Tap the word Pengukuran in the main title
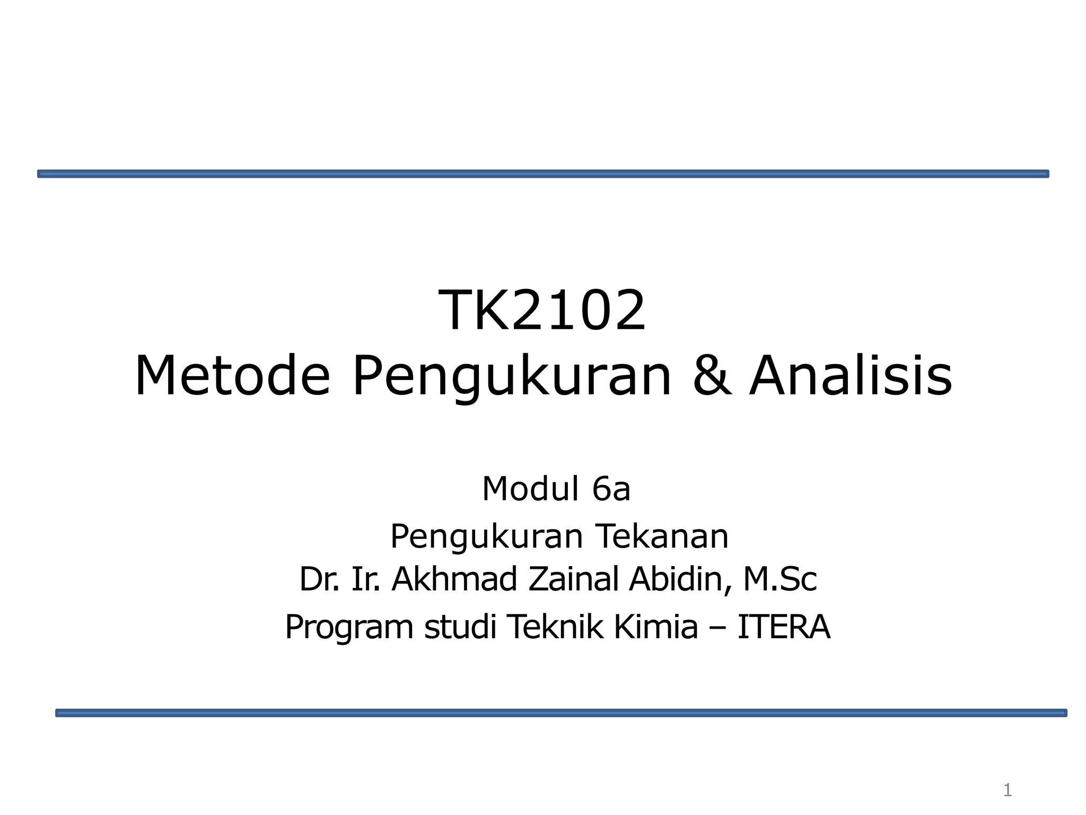coord(511,377)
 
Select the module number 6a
coord(611,489)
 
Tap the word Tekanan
coord(662,536)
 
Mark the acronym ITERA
coord(784,627)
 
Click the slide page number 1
coord(1008,791)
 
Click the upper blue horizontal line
coord(543,174)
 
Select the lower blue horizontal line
coord(561,713)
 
